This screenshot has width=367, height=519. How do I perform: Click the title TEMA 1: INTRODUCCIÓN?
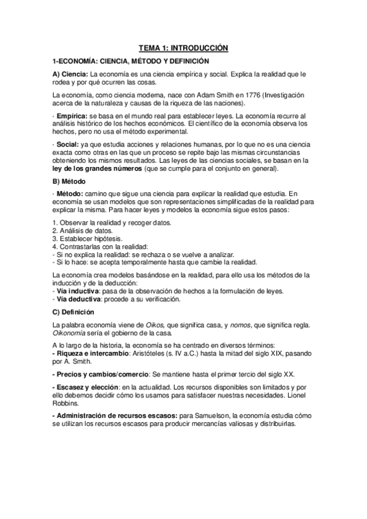click(183, 47)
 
